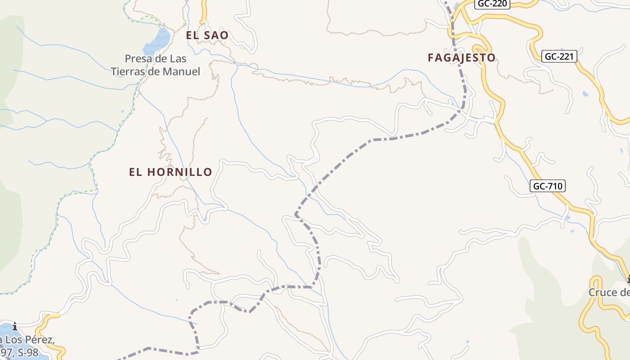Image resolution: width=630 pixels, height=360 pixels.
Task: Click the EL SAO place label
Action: (207, 35)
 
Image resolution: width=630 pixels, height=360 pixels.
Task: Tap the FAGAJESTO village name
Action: (461, 58)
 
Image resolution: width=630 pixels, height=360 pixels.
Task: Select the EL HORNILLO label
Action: (170, 172)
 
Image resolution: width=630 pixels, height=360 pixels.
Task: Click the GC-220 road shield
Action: (492, 4)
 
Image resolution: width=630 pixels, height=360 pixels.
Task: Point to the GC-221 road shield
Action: (558, 56)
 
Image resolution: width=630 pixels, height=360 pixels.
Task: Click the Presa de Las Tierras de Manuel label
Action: (155, 65)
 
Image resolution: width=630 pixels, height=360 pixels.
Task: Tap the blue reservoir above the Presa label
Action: (157, 40)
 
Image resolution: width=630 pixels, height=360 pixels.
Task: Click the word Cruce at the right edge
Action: (603, 292)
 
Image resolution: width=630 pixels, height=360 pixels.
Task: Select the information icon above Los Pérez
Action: (15, 326)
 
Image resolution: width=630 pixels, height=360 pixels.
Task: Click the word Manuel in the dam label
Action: (182, 71)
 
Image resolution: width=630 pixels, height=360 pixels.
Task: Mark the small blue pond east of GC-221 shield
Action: (585, 94)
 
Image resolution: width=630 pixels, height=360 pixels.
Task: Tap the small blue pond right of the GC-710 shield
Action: (567, 218)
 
